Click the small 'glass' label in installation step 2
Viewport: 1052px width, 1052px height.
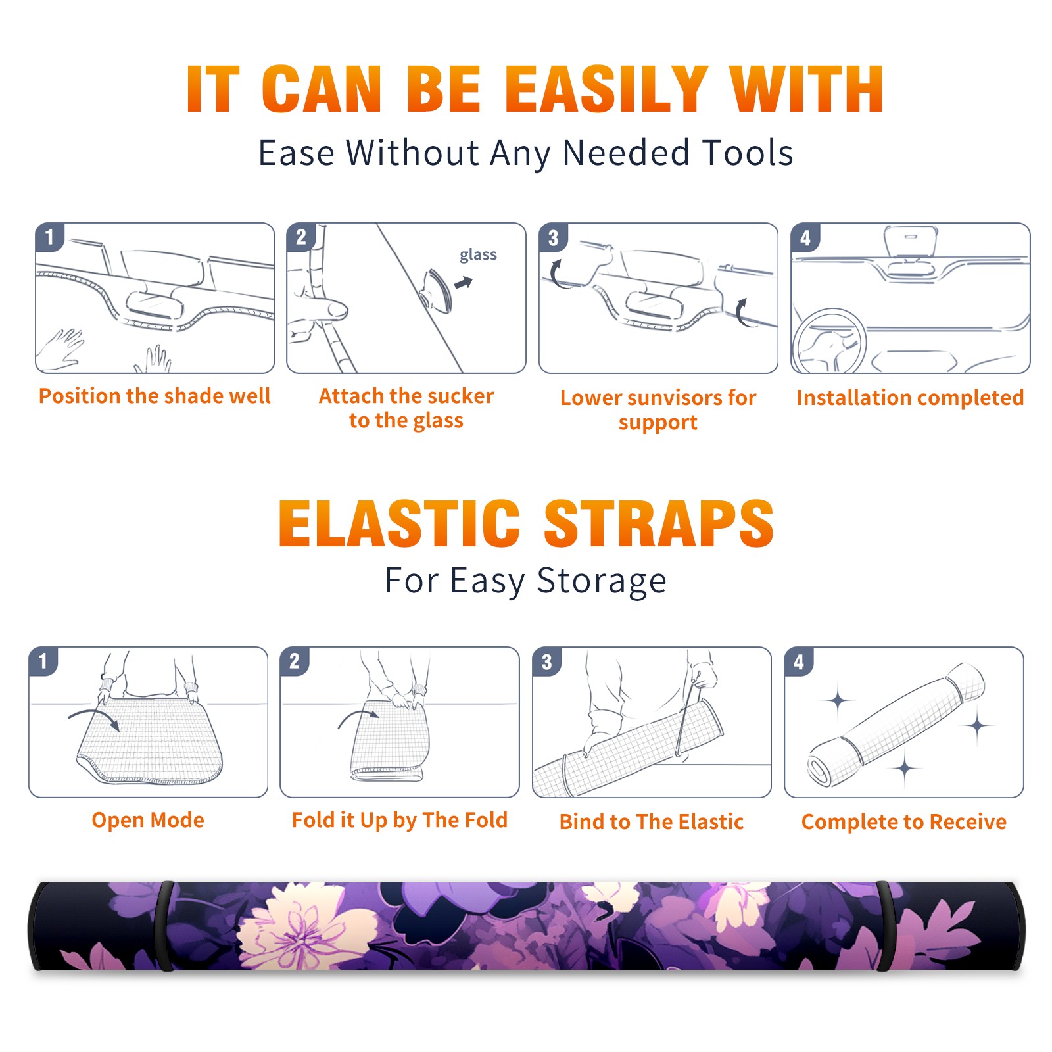coord(478,255)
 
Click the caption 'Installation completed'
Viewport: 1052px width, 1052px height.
coord(910,398)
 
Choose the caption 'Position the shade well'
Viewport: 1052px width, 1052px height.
coord(155,396)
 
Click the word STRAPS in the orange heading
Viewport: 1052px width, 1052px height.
coord(659,523)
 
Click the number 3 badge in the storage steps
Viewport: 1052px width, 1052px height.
coord(547,661)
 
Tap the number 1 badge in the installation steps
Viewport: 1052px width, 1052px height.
coord(50,236)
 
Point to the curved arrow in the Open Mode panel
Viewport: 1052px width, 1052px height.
coord(94,715)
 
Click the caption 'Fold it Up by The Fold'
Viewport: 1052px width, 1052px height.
coord(400,820)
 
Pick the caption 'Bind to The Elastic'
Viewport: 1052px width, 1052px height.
coord(652,822)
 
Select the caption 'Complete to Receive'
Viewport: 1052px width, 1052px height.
coord(904,822)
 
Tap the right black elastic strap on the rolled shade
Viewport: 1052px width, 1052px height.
coord(884,926)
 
